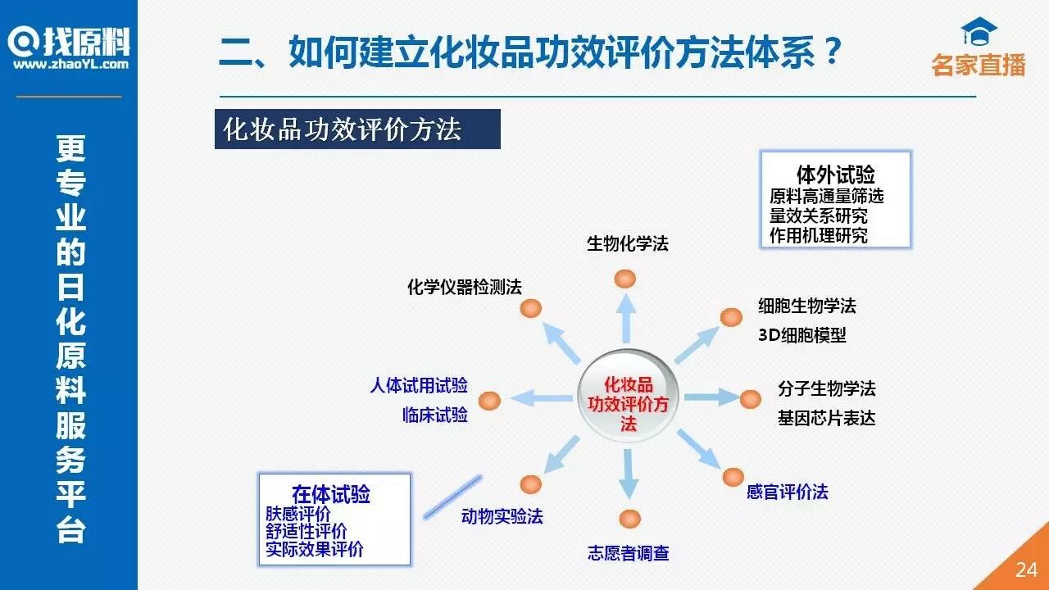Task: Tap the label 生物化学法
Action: click(627, 243)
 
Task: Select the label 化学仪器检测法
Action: click(464, 287)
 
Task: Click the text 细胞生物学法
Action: click(806, 306)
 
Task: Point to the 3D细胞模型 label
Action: click(802, 335)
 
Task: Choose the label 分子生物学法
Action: click(826, 388)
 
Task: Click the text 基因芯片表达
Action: click(826, 418)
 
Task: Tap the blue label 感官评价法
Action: click(787, 492)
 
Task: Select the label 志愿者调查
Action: click(628, 553)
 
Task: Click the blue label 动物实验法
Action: click(502, 516)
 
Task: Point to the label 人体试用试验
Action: click(418, 385)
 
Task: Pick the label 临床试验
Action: click(434, 415)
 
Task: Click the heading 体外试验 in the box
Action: click(835, 175)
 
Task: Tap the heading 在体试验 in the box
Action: click(330, 494)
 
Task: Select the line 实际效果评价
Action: click(314, 549)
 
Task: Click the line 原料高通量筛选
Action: click(826, 197)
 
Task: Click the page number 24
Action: click(1026, 570)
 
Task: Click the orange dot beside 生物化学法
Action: click(624, 279)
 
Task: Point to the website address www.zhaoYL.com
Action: click(70, 63)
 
